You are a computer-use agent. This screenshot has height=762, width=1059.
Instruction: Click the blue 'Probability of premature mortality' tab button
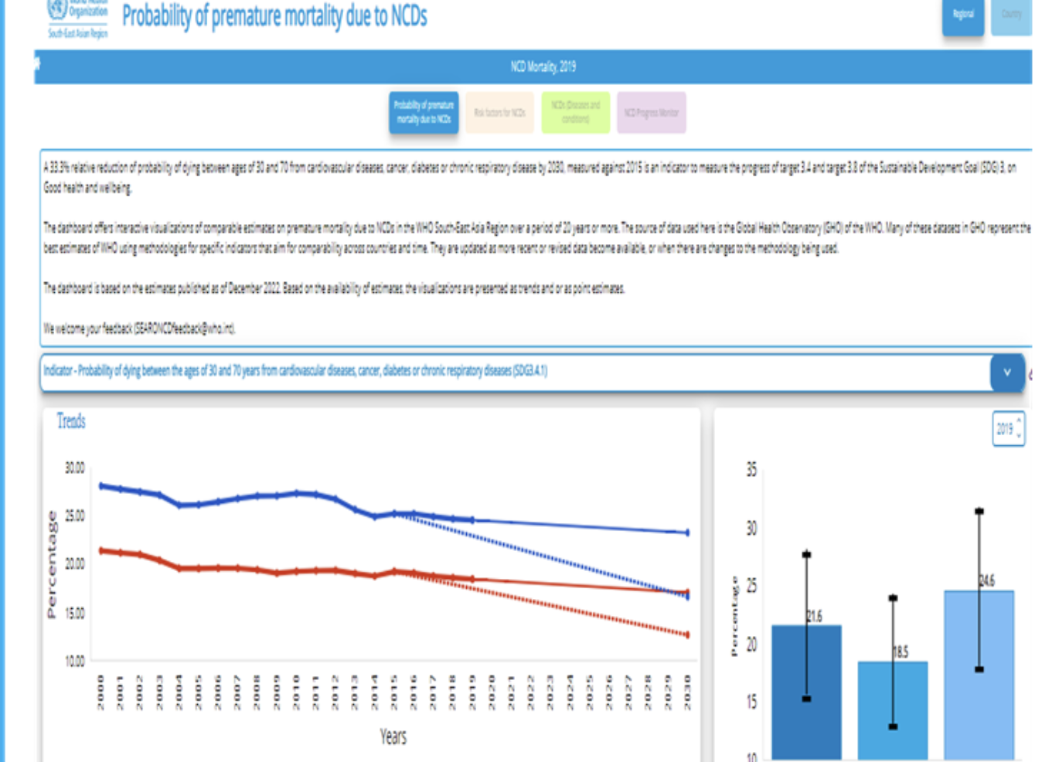click(x=423, y=112)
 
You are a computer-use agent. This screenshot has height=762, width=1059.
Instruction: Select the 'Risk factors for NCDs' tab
click(x=499, y=112)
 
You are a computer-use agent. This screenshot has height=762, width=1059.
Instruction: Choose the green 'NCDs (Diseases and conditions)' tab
click(x=575, y=112)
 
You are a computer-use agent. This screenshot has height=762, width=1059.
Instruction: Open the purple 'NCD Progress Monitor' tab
click(x=651, y=112)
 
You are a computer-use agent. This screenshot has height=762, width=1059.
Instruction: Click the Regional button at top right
click(x=962, y=15)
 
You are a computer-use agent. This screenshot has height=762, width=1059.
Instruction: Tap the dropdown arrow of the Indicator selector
click(x=1006, y=372)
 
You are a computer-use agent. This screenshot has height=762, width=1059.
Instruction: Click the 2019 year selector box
click(x=1008, y=428)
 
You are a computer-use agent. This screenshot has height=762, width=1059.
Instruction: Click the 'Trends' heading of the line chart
click(x=71, y=421)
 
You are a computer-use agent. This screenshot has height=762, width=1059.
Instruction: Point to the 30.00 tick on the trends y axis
click(x=75, y=468)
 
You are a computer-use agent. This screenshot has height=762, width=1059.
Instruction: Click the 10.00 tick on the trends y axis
click(x=75, y=661)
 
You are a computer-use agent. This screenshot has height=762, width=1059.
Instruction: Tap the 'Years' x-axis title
click(x=393, y=736)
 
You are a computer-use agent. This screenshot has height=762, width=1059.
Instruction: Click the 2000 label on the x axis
click(x=100, y=691)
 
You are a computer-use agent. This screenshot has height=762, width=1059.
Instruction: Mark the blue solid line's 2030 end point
click(x=687, y=532)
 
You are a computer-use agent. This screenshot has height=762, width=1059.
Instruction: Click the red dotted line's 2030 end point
click(x=687, y=635)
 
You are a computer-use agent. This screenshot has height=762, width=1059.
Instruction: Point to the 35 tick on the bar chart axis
click(x=751, y=470)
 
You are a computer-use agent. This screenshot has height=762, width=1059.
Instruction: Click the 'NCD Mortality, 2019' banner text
click(x=543, y=66)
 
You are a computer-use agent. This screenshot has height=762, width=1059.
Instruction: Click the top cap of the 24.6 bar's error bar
click(x=979, y=511)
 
